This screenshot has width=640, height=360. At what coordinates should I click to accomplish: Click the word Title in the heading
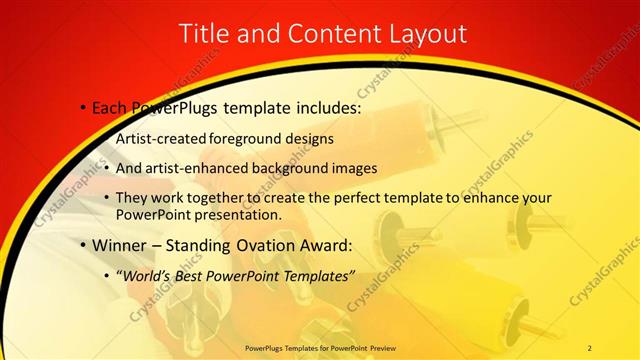point(205,33)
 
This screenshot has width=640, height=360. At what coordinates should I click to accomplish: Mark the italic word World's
point(146,275)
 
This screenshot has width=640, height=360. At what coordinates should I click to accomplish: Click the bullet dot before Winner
point(83,245)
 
